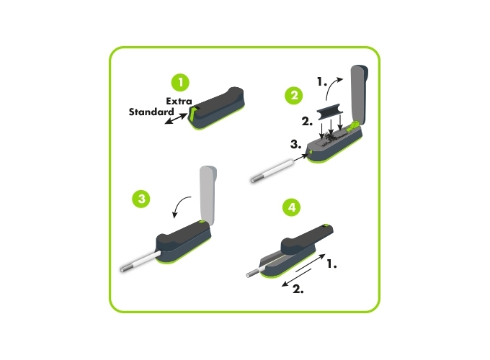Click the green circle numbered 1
pos(180,82)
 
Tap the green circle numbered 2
pos(294,95)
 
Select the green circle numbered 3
pos(141,199)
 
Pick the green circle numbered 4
pos(291,207)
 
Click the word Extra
pos(179,102)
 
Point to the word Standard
pos(151,112)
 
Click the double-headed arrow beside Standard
pos(176,119)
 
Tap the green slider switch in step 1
pos(192,113)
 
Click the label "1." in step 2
pos(322,82)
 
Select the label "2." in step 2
pos(307,121)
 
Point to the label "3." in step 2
pos(295,144)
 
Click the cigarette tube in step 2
pos(272,171)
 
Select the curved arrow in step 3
pos(181,206)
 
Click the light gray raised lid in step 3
pos(208,194)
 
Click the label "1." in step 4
pos(331,264)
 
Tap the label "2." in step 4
pos(298,289)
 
